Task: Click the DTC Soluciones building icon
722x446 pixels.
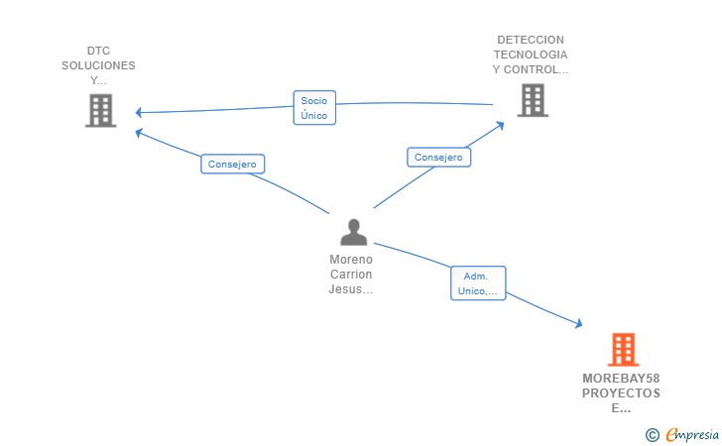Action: [100, 110]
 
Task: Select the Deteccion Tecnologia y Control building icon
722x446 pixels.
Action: [532, 99]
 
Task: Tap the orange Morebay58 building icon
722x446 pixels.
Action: [622, 350]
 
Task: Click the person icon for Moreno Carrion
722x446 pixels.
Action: [353, 232]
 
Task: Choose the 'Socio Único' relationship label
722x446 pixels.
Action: [314, 108]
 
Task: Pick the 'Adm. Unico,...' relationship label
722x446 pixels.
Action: [478, 283]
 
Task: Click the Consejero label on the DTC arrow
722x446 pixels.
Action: [233, 165]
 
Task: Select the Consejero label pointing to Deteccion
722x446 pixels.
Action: [438, 157]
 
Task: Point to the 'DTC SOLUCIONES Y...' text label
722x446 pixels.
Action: [98, 65]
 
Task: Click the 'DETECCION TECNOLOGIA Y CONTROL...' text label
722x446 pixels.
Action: [531, 56]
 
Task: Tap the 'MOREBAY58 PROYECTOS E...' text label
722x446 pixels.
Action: [621, 393]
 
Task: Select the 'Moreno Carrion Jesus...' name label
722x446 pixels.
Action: [351, 274]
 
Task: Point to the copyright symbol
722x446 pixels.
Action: [652, 434]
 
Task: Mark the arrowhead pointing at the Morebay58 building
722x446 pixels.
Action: [578, 323]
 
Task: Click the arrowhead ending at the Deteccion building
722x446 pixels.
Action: [500, 124]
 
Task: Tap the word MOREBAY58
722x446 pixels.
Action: [621, 379]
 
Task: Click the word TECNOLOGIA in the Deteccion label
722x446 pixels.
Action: [531, 55]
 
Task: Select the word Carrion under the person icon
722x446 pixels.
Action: [351, 274]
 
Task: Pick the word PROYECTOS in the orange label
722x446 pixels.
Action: [621, 393]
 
